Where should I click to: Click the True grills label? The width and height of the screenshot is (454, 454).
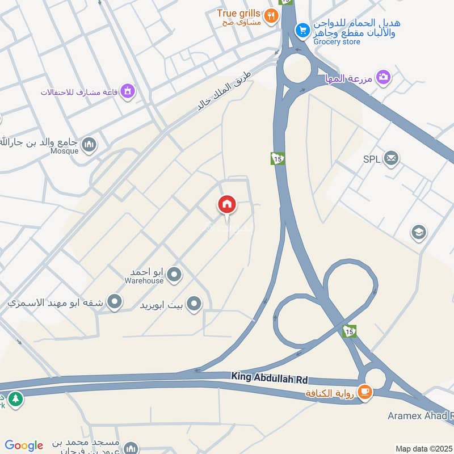point(238,13)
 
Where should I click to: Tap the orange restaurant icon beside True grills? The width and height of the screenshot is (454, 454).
point(271,16)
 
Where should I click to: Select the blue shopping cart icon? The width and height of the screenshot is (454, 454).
point(302,30)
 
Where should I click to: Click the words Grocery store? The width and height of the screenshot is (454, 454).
point(336,42)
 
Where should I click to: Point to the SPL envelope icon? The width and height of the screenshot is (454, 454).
point(390,159)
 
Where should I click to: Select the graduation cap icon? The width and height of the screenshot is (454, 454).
point(419,233)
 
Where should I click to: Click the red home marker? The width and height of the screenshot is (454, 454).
point(227,205)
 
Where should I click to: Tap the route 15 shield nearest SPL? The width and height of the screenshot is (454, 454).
point(278,158)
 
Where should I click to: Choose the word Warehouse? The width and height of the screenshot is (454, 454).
point(145,280)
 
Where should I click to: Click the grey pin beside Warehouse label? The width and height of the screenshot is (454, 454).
point(175,275)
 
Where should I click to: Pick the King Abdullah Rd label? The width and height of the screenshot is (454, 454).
point(270,377)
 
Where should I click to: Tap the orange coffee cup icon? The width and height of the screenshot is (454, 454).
point(365,392)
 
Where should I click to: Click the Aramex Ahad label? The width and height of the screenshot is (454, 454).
point(420,415)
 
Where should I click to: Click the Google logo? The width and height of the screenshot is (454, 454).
point(24,445)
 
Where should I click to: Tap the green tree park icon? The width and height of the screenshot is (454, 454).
point(16,399)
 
